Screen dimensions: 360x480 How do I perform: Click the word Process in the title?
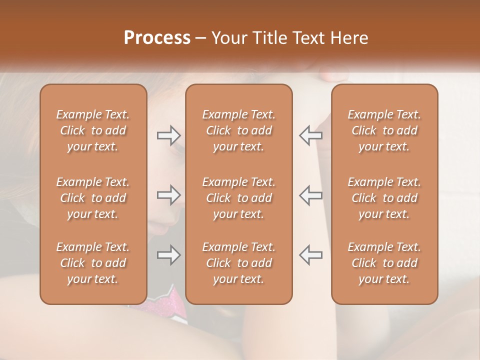point(157,38)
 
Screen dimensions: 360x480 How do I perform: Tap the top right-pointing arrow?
point(168,135)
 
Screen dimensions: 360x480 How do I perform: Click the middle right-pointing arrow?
point(168,195)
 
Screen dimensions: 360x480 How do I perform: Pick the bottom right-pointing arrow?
point(168,255)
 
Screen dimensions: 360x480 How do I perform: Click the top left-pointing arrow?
point(311,135)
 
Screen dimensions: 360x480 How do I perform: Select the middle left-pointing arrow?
point(311,195)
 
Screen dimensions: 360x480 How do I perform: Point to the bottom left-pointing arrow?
point(311,255)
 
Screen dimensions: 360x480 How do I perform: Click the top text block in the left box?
point(93,130)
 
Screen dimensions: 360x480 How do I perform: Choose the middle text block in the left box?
point(93,198)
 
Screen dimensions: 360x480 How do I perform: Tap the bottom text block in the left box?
point(93,263)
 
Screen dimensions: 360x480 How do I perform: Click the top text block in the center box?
point(238,130)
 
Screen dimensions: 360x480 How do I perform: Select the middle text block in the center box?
point(238,198)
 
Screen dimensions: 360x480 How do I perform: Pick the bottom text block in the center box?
point(238,263)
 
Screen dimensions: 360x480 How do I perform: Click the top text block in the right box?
point(384,130)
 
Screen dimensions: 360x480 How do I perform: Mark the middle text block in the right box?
point(384,198)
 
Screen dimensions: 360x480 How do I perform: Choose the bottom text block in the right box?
point(384,263)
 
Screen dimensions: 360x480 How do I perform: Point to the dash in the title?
point(201,38)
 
